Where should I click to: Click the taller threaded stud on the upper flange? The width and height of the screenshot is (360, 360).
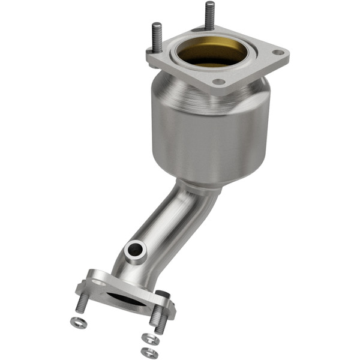[x=209, y=16]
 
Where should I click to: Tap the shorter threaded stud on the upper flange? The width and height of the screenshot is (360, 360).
[x=156, y=36]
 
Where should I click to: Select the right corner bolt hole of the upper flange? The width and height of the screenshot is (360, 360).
[x=277, y=53]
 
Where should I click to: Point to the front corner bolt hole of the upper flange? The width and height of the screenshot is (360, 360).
[x=220, y=82]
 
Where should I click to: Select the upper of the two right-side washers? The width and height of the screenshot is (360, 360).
[x=152, y=339]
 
